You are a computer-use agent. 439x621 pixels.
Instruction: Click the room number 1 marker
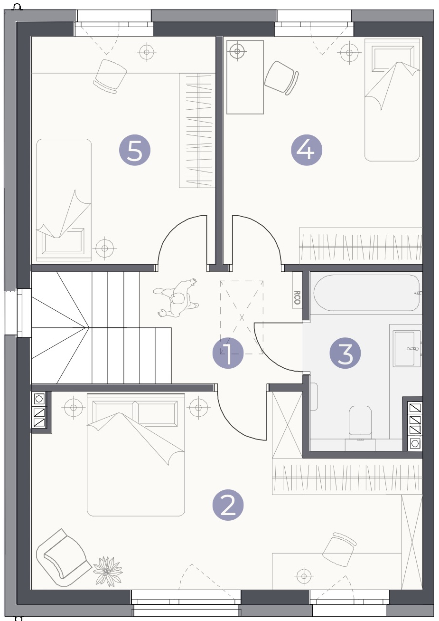tap(228, 353)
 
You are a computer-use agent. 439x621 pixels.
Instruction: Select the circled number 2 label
tap(228, 505)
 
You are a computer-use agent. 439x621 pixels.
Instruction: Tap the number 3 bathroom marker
tap(345, 353)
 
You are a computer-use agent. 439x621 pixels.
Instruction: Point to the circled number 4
tap(307, 150)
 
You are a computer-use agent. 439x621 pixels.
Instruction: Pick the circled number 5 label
tap(135, 150)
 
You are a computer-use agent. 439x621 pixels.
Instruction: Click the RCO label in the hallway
tap(297, 297)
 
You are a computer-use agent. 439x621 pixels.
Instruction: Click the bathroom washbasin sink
tap(407, 348)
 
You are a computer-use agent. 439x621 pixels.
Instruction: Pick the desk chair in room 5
tap(110, 76)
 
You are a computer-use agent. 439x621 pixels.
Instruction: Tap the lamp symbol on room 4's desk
tap(237, 51)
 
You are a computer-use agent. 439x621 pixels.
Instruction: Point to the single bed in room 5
tap(64, 200)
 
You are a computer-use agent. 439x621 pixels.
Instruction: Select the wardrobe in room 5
tap(197, 130)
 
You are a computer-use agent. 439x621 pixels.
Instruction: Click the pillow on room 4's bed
tap(393, 59)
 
